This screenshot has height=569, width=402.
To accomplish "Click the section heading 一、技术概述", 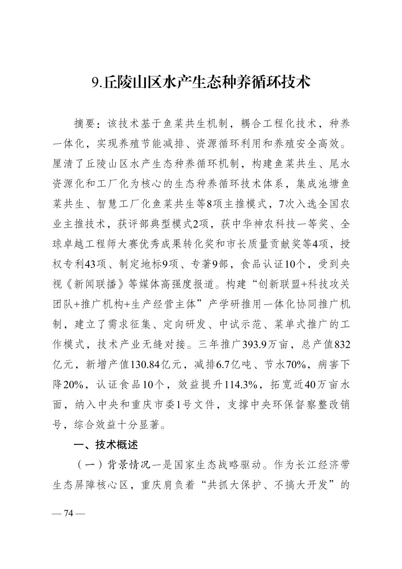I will coord(106,445).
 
